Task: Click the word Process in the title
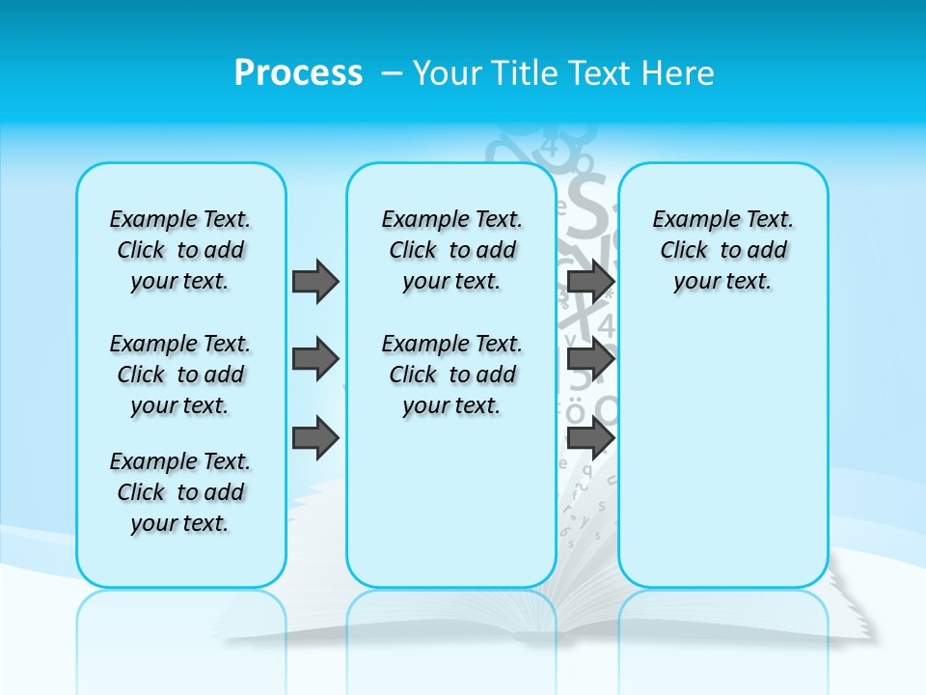click(x=298, y=73)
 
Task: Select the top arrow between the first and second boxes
click(x=315, y=281)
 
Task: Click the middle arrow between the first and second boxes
click(x=315, y=359)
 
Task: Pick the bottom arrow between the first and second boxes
click(x=315, y=438)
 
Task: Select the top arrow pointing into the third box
click(x=590, y=281)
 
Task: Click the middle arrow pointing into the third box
click(x=590, y=359)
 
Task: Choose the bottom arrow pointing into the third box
click(x=590, y=438)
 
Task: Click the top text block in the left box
click(x=180, y=250)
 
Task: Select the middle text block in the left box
click(x=180, y=375)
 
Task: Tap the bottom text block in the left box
click(x=180, y=492)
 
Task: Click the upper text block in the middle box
click(x=451, y=250)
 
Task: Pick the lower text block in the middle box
click(x=451, y=375)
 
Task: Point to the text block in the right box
click(x=723, y=250)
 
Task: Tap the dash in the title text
click(x=392, y=73)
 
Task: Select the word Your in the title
click(x=448, y=73)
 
